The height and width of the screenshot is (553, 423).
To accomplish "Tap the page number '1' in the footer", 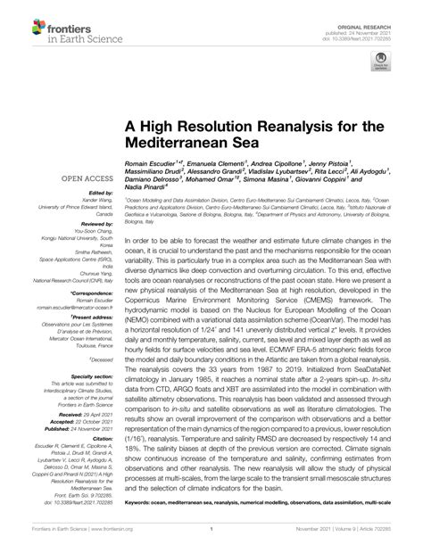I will (x=211, y=541).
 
